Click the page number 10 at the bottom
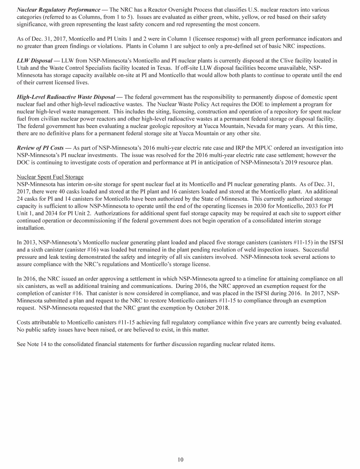(x=180, y=459)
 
